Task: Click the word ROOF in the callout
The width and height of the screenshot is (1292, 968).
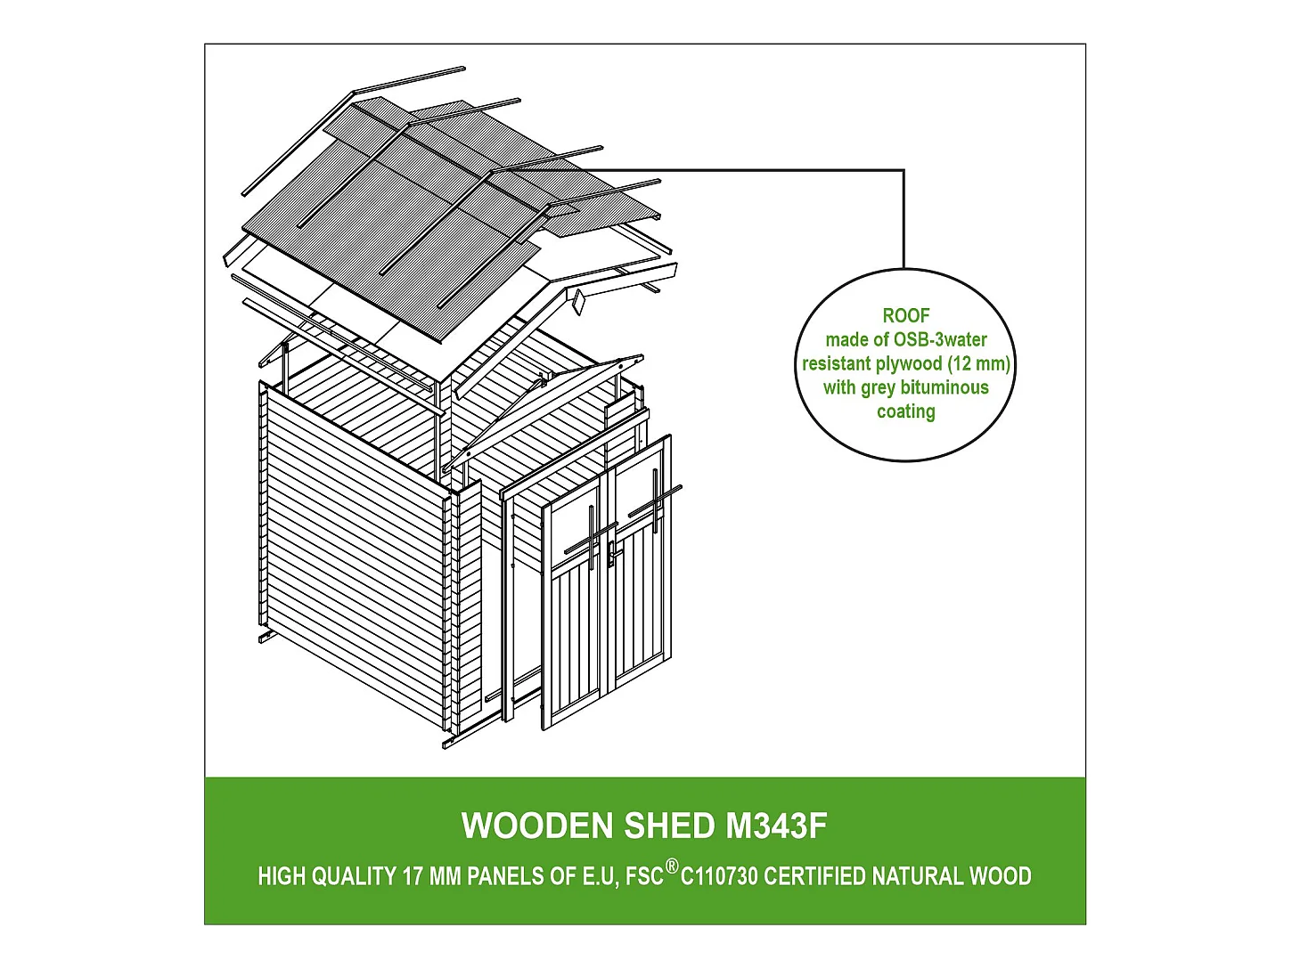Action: [906, 316]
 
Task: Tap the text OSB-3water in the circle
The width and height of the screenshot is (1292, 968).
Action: [940, 339]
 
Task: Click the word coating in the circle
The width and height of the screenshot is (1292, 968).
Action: [906, 411]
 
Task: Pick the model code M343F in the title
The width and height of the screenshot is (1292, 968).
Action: [776, 826]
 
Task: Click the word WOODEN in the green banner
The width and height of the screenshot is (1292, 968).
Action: [537, 826]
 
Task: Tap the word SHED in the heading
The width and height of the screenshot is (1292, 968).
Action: [669, 826]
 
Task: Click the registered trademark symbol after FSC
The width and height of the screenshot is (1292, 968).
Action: [672, 866]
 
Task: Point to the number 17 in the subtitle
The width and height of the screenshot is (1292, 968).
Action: [413, 877]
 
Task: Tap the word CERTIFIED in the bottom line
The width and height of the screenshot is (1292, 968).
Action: [814, 877]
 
